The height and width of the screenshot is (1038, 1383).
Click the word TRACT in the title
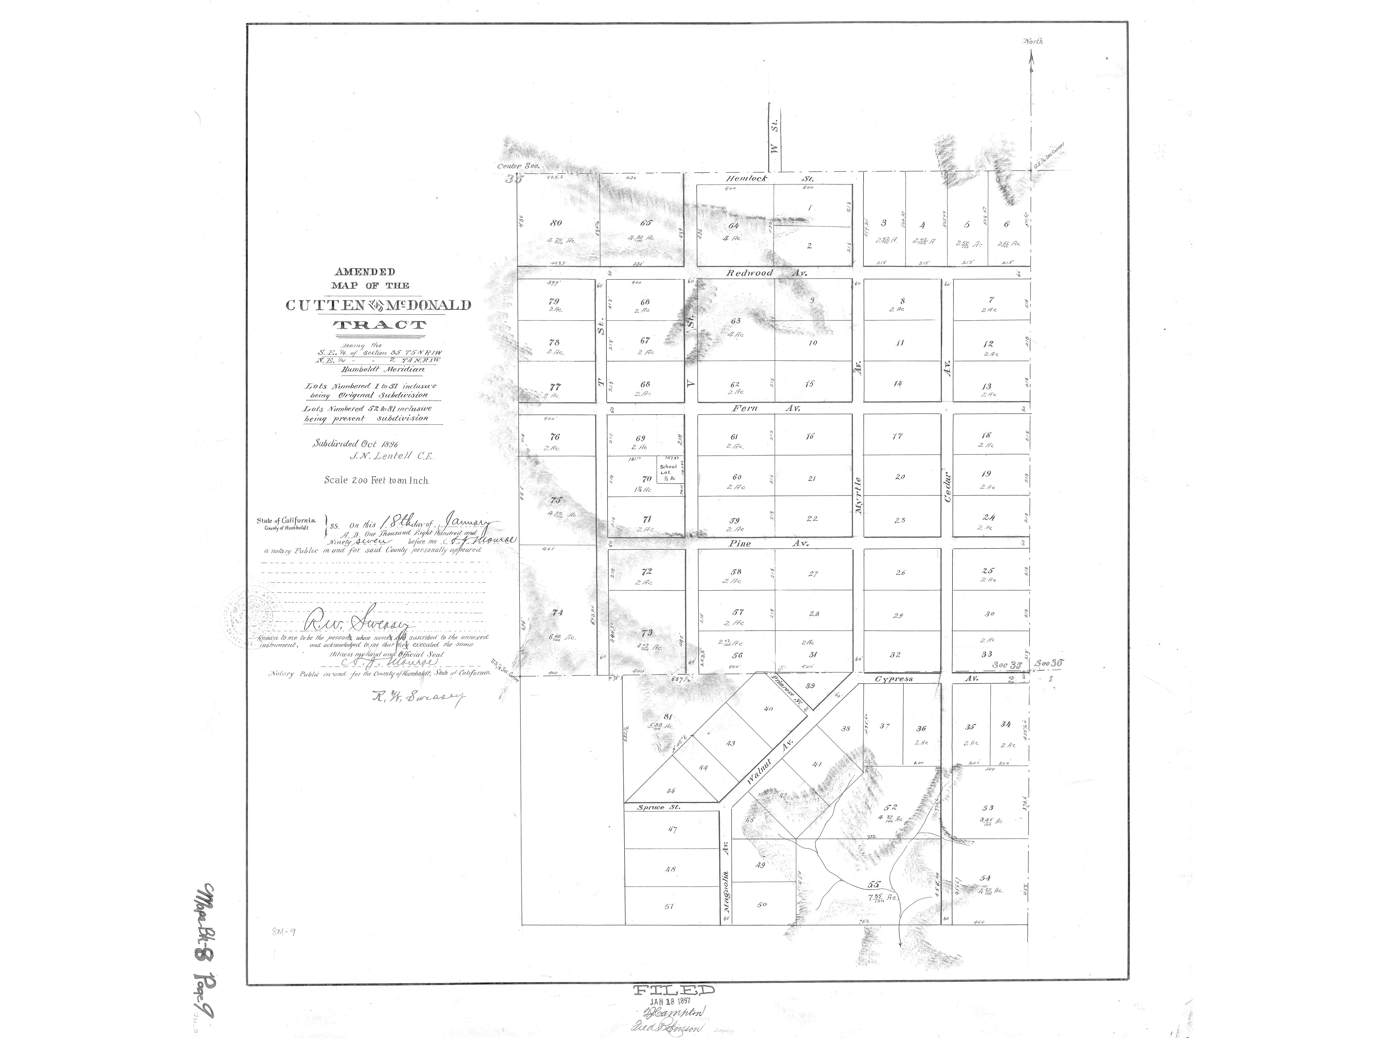coord(380,325)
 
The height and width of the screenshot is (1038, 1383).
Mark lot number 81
coord(668,717)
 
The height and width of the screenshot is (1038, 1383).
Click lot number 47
coord(673,830)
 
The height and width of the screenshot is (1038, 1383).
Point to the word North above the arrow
coord(1033,41)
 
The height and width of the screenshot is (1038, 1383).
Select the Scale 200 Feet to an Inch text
coord(376,481)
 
